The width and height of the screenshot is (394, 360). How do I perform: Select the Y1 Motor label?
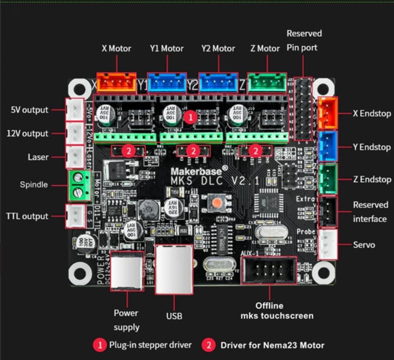tap(166, 48)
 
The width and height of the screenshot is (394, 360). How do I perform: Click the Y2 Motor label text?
tap(218, 48)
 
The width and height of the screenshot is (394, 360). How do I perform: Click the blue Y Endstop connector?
tap(329, 147)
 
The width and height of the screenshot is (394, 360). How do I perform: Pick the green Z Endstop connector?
tap(329, 179)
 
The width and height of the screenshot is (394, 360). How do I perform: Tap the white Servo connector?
tap(329, 244)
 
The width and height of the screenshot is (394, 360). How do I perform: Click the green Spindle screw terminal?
tap(78, 185)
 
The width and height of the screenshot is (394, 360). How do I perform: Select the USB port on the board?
tap(173, 269)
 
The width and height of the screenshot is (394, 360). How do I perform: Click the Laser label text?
tap(38, 157)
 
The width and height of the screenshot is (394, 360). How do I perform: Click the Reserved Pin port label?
tap(304, 40)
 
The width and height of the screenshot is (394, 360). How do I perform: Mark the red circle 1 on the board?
tap(193, 116)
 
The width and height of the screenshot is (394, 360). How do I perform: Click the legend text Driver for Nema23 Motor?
tap(272, 345)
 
